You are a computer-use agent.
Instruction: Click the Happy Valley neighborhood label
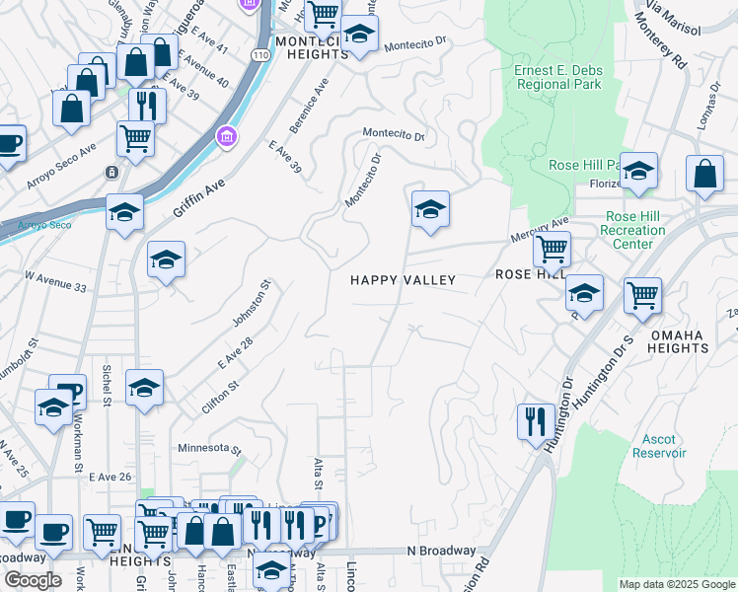point(404,280)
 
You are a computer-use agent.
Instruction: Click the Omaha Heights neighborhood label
point(678,341)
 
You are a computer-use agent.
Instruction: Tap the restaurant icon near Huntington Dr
point(533,421)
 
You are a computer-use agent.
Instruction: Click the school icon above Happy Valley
point(429,209)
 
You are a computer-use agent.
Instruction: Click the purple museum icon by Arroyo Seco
point(226,133)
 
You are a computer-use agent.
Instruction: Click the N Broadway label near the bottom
point(441,551)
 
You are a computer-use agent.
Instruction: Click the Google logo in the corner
point(32,580)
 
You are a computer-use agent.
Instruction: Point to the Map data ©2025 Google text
point(676,584)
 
